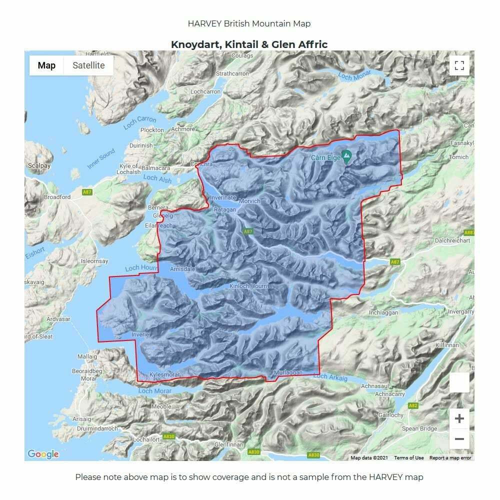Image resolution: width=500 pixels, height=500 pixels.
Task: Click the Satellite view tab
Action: (x=88, y=65)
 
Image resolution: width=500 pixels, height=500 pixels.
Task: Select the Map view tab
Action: (x=46, y=65)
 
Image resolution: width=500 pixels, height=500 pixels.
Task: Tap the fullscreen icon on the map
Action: (x=459, y=65)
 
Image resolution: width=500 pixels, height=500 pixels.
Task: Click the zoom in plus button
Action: (x=459, y=418)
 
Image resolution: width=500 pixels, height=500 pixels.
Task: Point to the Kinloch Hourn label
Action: (x=248, y=286)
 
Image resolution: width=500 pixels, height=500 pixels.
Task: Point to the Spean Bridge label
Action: (x=419, y=428)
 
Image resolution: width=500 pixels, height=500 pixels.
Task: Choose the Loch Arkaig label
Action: (x=330, y=377)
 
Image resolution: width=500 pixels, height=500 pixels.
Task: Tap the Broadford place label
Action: (x=57, y=197)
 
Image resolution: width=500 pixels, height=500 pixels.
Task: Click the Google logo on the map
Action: (x=43, y=454)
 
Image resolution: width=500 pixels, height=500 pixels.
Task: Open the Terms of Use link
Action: (x=408, y=457)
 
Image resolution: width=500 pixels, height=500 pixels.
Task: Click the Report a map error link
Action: (x=450, y=457)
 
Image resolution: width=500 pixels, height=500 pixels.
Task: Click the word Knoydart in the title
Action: (x=195, y=44)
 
